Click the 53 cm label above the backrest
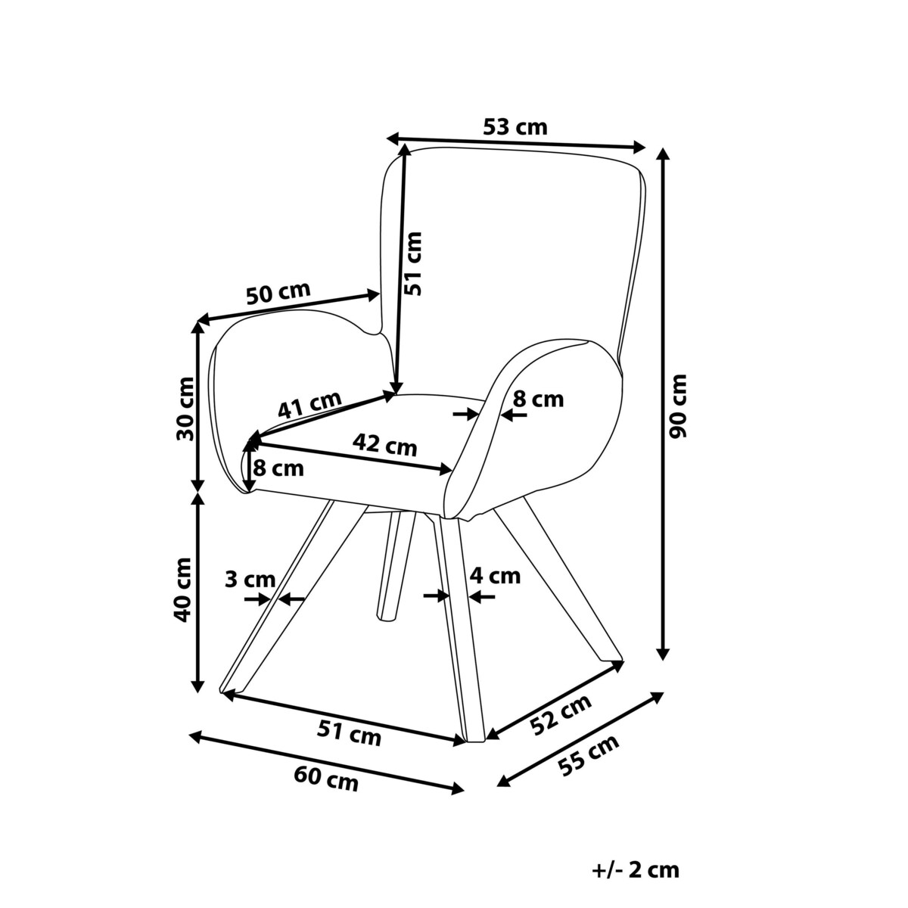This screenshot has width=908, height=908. click(515, 126)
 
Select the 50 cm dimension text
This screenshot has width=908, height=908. click(278, 294)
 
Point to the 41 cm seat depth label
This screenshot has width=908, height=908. click(309, 406)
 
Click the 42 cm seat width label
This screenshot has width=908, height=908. click(386, 444)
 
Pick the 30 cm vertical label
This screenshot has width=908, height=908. click(184, 408)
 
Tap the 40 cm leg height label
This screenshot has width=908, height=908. click(182, 589)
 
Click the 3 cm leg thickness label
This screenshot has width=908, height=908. click(250, 580)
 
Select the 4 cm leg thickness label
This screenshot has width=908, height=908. click(495, 576)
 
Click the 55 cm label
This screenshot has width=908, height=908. click(588, 756)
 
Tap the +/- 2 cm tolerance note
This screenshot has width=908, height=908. click(636, 870)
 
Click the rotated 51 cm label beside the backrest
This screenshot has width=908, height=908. click(412, 263)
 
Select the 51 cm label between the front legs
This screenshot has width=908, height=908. click(349, 732)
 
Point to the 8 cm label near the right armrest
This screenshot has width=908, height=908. click(538, 399)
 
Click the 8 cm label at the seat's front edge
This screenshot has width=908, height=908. click(278, 468)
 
